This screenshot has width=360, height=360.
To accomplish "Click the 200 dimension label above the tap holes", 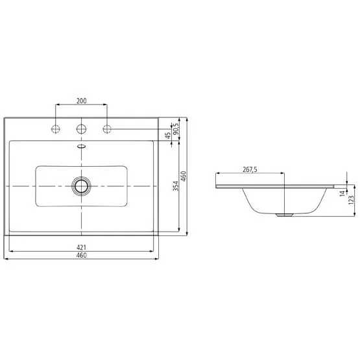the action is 82,101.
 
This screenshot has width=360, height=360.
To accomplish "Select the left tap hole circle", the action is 56,129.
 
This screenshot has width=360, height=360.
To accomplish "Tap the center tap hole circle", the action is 81,129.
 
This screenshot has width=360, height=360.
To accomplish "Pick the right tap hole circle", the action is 107,129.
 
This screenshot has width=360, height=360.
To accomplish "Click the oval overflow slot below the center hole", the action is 82,146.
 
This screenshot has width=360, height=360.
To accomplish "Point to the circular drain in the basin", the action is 81,186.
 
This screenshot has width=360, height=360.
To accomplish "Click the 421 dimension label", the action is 81,247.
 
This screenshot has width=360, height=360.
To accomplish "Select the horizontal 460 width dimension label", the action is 82,255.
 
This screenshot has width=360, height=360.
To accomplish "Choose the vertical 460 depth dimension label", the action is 184,176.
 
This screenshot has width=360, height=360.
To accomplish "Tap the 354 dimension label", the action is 176,186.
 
